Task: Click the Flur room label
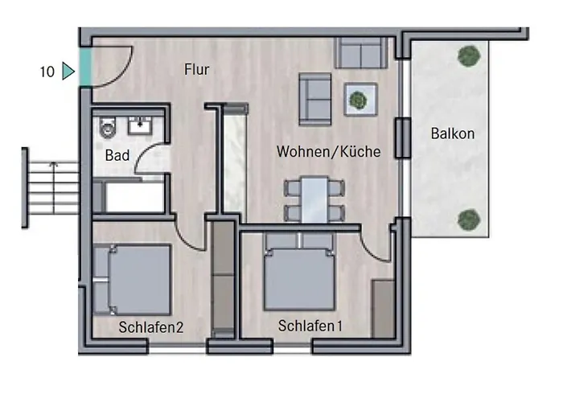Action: point(196,69)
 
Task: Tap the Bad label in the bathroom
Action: point(117,155)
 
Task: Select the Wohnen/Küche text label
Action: point(328,151)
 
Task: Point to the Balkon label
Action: point(452,133)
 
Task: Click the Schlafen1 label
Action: point(310,326)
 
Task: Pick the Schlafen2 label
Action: point(151,327)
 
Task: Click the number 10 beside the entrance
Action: point(47,72)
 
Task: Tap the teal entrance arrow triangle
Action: point(68,71)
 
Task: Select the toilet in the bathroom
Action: point(108,127)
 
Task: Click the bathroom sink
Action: point(140,125)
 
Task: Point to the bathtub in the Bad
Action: point(132,196)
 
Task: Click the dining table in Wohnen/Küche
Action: point(314,199)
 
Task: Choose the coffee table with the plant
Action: point(360,99)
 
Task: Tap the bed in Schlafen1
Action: point(298,272)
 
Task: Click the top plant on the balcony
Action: point(469,56)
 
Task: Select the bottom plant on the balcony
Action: point(469,219)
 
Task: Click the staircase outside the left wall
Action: point(51,187)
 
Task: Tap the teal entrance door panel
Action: point(85,67)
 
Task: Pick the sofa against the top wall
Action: point(361,53)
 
